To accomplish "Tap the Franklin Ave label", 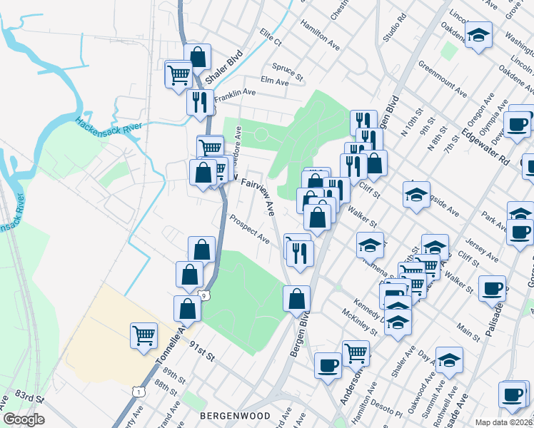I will click(x=235, y=93).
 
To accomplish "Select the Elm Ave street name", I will click(x=275, y=82).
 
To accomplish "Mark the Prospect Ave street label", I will click(x=249, y=228).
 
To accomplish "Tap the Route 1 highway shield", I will click(x=137, y=391).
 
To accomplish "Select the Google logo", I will click(x=24, y=419).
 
